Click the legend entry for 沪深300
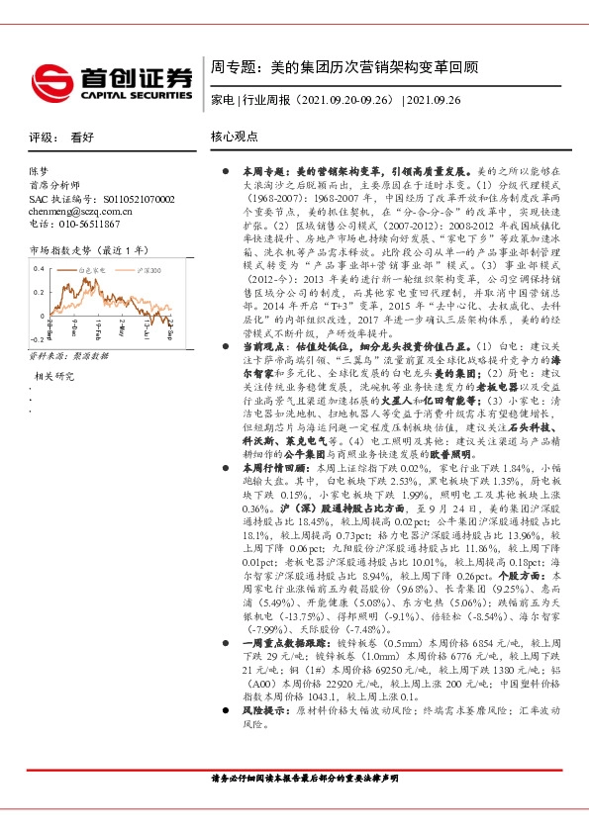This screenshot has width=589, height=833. (148, 269)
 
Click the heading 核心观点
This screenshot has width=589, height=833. (235, 138)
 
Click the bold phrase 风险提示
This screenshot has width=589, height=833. (260, 710)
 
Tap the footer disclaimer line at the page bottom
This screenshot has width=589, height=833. (294, 780)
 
